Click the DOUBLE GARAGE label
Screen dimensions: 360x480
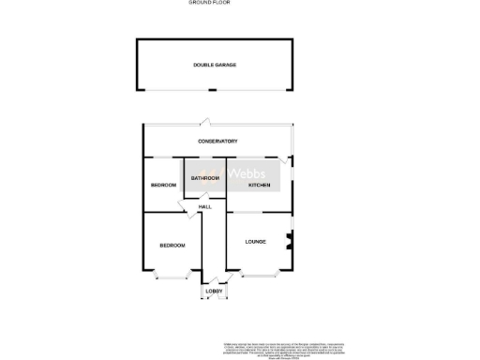click(x=215, y=65)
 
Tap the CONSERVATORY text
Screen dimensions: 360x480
click(x=217, y=142)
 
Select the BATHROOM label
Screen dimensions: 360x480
click(x=205, y=178)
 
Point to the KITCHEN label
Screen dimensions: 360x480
click(x=260, y=186)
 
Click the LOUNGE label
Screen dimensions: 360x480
click(x=255, y=242)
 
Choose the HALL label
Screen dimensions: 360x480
click(x=205, y=206)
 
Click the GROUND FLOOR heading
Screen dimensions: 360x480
click(x=210, y=4)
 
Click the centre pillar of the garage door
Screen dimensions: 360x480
click(x=214, y=91)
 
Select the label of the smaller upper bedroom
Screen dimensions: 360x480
click(x=163, y=186)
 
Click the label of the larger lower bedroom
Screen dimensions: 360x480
click(x=172, y=246)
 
